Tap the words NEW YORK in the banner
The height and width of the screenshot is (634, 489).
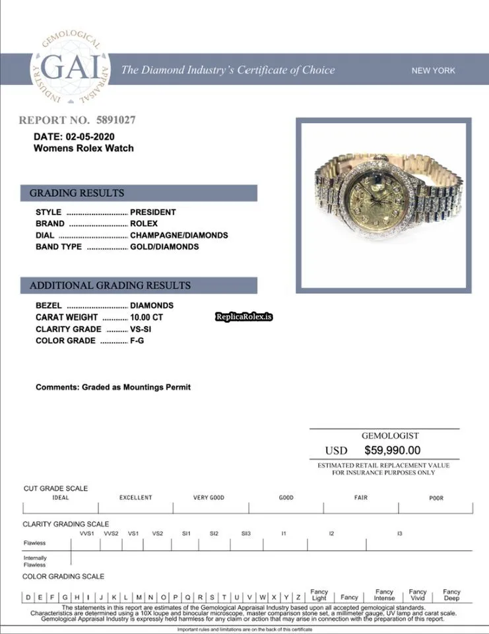pos(433,71)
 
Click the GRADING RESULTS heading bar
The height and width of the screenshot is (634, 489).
pos(77,194)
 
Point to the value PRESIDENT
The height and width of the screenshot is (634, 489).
pos(152,212)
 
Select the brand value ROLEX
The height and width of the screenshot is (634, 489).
pos(144,224)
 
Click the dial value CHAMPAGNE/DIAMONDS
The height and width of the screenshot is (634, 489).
pos(179,235)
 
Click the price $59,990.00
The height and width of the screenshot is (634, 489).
pos(392,450)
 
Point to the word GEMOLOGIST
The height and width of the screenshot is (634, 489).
pos(390,436)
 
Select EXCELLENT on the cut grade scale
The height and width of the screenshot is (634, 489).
pos(135,498)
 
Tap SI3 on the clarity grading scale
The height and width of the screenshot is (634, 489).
pos(245,533)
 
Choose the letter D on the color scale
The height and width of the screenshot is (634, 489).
pos(28,597)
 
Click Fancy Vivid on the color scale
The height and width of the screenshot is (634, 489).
pos(418,594)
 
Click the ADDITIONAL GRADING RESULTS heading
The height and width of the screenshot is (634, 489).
pos(110,286)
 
